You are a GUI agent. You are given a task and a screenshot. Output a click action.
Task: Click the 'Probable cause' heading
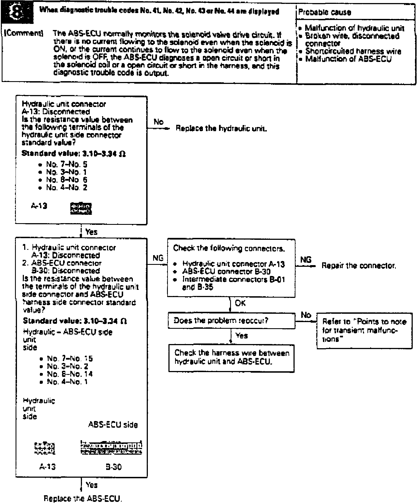(x=325, y=12)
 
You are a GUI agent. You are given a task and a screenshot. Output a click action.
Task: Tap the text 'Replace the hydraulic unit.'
(x=222, y=129)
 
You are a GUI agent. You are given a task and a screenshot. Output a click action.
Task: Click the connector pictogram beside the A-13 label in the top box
(x=81, y=209)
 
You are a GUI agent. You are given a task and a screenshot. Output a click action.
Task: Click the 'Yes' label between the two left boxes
(x=91, y=232)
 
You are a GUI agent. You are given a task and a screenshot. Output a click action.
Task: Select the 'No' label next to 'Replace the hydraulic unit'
(x=158, y=122)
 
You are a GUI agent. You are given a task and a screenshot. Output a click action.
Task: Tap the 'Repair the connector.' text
(x=359, y=266)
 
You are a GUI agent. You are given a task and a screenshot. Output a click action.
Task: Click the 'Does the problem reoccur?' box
(x=231, y=321)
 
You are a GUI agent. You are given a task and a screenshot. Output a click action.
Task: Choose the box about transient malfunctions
(x=364, y=330)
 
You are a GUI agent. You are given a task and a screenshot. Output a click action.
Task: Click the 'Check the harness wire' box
(x=231, y=358)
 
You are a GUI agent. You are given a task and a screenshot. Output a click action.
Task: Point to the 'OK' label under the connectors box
(x=240, y=303)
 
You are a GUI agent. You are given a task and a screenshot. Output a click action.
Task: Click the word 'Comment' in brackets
(x=23, y=33)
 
